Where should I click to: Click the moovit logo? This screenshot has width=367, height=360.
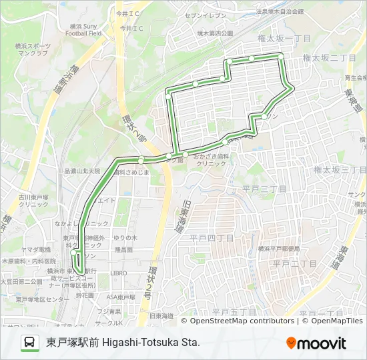tap(316, 343)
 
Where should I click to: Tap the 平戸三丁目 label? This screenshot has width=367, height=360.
tap(265, 189)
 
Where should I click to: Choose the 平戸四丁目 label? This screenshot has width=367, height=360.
tap(212, 237)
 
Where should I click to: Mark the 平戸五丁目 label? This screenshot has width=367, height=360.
tap(234, 311)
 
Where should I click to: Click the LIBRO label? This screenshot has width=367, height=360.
tap(119, 273)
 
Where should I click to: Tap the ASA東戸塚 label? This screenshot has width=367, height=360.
tap(121, 296)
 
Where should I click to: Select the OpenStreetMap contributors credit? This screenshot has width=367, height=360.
tap(242, 321)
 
